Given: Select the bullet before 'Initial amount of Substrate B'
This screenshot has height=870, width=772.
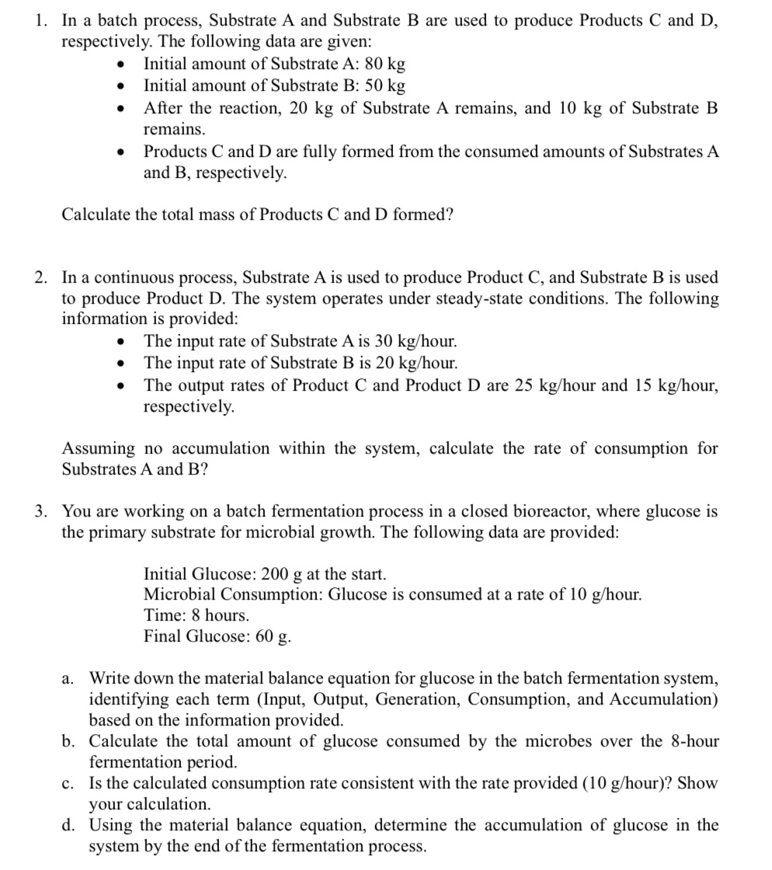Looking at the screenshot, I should (x=120, y=85).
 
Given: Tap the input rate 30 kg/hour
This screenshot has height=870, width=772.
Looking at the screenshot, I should (x=420, y=341).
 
